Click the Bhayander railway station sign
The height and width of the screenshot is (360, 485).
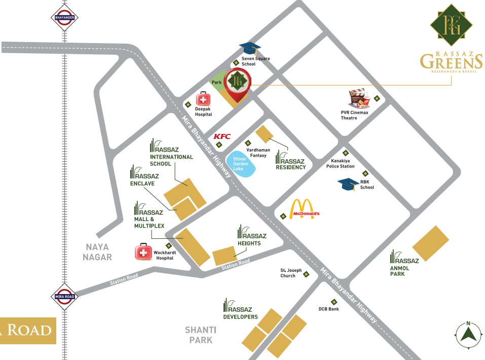coord(64,18)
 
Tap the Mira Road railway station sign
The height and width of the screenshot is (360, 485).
coord(64,297)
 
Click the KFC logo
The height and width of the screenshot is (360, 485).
coord(222,136)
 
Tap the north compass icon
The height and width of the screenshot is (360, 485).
coord(469,334)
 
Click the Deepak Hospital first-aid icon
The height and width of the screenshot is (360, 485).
coord(204,99)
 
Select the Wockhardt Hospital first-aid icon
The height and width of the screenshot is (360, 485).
coord(143,252)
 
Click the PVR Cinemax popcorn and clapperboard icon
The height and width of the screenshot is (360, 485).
coord(359,99)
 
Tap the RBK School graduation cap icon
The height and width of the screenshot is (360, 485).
coord(349,184)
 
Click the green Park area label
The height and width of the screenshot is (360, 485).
coord(217,82)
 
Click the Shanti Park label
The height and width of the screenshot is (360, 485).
coord(201,335)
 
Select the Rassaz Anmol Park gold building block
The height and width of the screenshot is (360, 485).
coord(431,243)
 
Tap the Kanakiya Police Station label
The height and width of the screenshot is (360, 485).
coord(340,163)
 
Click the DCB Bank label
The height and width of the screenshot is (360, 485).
coord(328,309)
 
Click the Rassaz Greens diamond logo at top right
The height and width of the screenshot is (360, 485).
coord(452,25)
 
